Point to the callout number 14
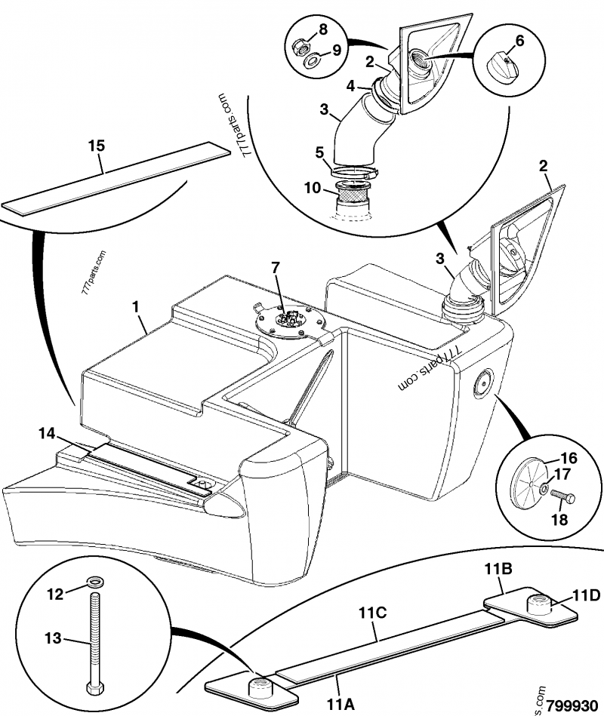pyautogui.click(x=47, y=433)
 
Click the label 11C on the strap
pyautogui.click(x=373, y=613)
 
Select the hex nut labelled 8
pyautogui.click(x=300, y=50)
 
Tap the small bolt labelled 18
pyautogui.click(x=565, y=498)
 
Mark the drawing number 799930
pyautogui.click(x=576, y=701)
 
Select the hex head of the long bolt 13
pyautogui.click(x=95, y=690)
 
